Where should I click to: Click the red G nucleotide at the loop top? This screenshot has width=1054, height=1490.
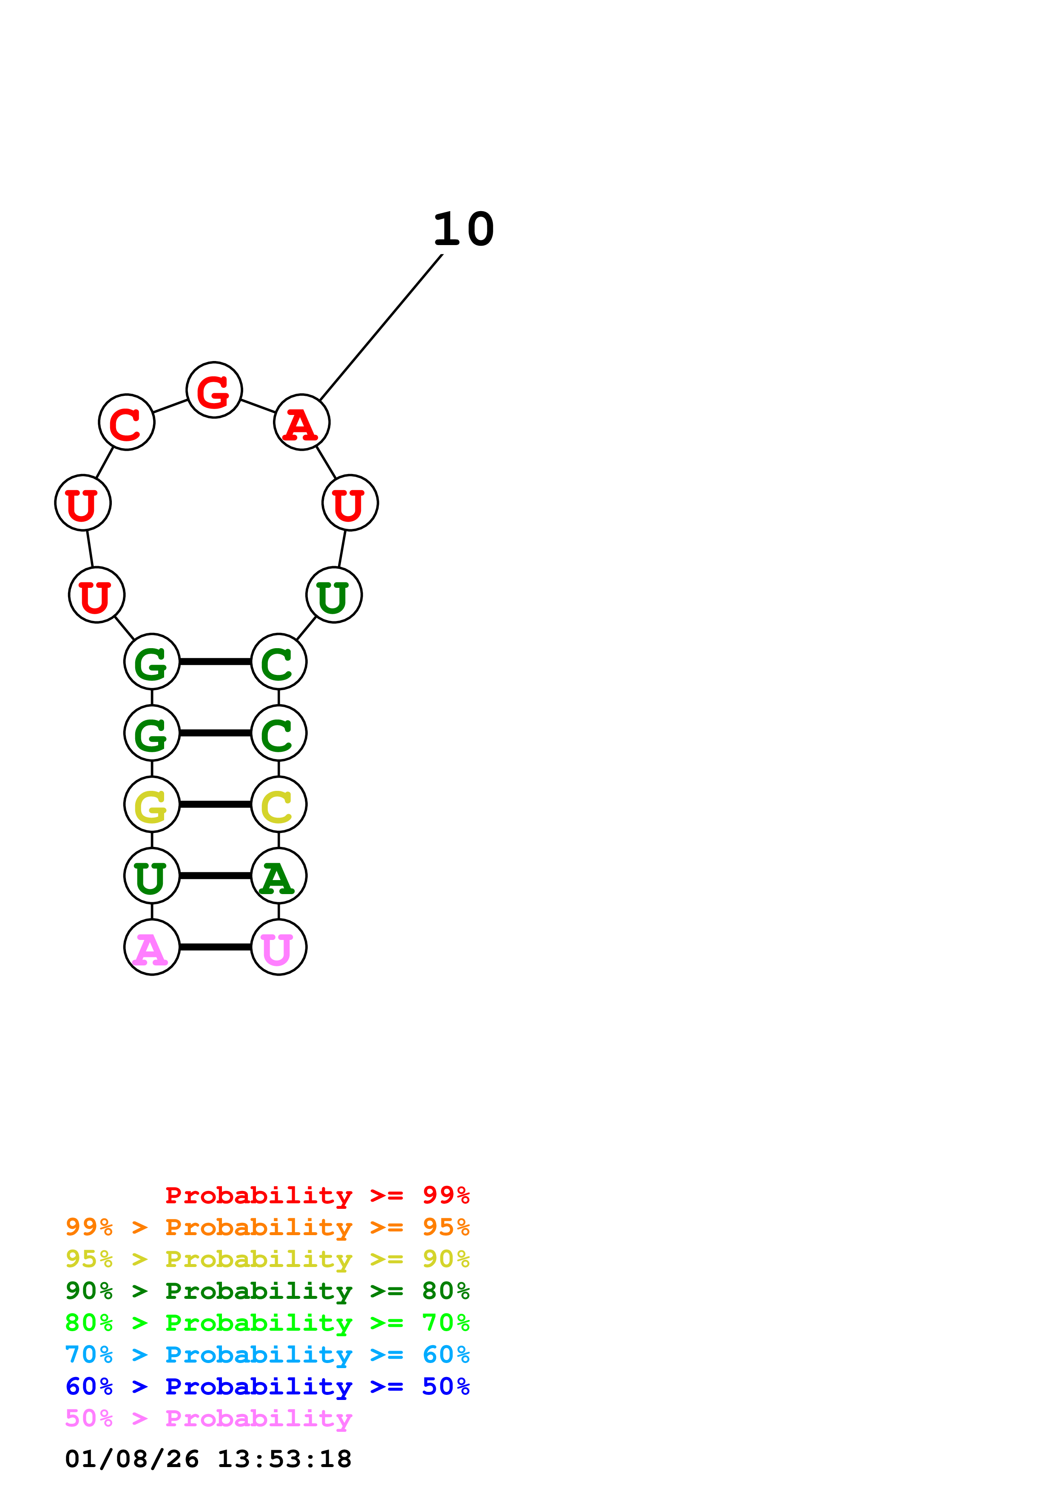[214, 390]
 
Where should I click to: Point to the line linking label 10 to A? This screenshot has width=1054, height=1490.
[382, 327]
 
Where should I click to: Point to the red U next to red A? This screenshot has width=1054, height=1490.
[350, 502]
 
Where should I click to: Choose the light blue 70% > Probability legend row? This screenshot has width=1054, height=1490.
[267, 1355]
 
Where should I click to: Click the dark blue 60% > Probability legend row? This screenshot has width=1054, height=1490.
[267, 1386]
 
